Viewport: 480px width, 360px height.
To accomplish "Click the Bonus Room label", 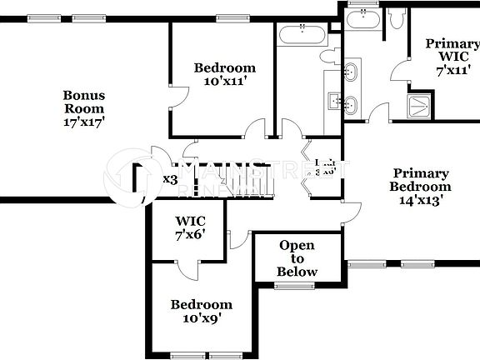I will click(x=84, y=102).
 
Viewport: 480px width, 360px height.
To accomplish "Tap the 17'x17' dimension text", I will click(x=84, y=122).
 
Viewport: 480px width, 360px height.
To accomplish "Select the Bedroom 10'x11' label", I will click(x=224, y=75).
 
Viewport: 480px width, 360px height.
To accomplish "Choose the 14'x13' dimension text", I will click(x=421, y=200).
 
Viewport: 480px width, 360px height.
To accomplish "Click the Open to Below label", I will click(x=297, y=258).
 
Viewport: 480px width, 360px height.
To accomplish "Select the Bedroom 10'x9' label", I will click(x=202, y=311).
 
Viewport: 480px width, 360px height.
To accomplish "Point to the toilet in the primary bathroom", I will click(x=397, y=17).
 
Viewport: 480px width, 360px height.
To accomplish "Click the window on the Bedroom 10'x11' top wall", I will click(x=228, y=18).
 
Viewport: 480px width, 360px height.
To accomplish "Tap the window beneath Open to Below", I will click(x=292, y=286).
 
